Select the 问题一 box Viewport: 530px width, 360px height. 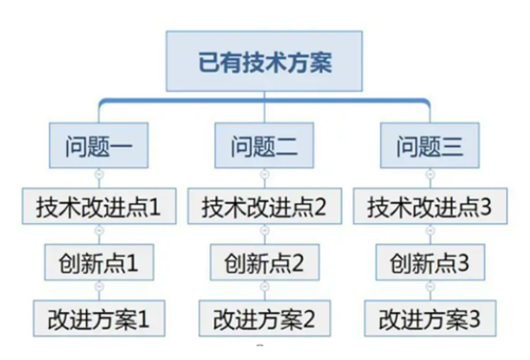(99, 148)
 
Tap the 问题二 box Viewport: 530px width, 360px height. (264, 148)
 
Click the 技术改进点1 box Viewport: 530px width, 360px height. (99, 205)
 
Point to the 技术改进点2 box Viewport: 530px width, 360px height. (264, 205)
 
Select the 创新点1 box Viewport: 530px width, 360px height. (99, 260)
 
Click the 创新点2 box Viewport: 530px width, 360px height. (264, 260)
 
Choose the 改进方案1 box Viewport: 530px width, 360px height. (99, 316)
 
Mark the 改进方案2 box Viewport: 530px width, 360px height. (264, 316)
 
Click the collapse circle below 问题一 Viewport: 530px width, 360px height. (99, 175)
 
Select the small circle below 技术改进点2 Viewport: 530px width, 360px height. (264, 232)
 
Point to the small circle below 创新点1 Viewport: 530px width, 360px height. (99, 287)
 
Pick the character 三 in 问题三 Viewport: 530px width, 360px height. (453, 148)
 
